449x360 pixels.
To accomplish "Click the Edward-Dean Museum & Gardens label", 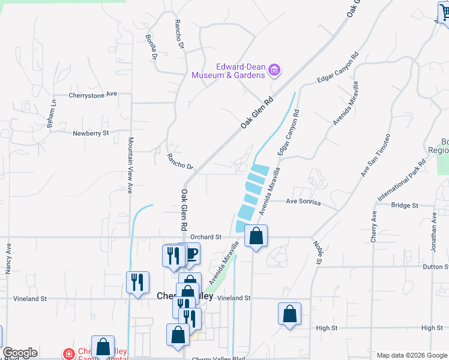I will pos(228,71).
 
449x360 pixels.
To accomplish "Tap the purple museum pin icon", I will pos(274,71).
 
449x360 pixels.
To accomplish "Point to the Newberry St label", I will pos(91,133).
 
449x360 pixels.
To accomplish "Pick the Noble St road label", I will pos(316,252).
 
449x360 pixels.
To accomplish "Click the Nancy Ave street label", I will pos(8,259).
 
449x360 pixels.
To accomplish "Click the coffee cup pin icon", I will pos(190,254).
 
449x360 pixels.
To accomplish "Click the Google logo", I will pos(20,353).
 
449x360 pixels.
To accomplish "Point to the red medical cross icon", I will pos(69,353).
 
